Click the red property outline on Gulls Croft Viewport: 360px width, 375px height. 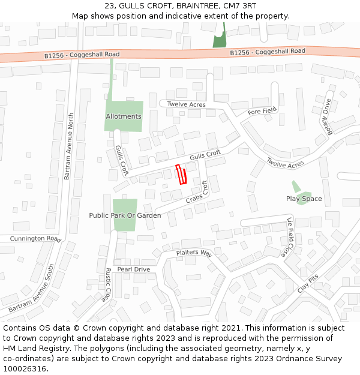[181, 174]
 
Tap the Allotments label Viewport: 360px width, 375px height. [124, 116]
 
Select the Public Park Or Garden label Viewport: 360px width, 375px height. [125, 215]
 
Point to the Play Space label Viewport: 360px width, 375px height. [304, 199]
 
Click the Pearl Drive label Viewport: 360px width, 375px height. [133, 269]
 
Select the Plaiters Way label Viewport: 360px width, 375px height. [194, 253]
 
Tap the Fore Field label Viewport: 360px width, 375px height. [262, 111]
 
